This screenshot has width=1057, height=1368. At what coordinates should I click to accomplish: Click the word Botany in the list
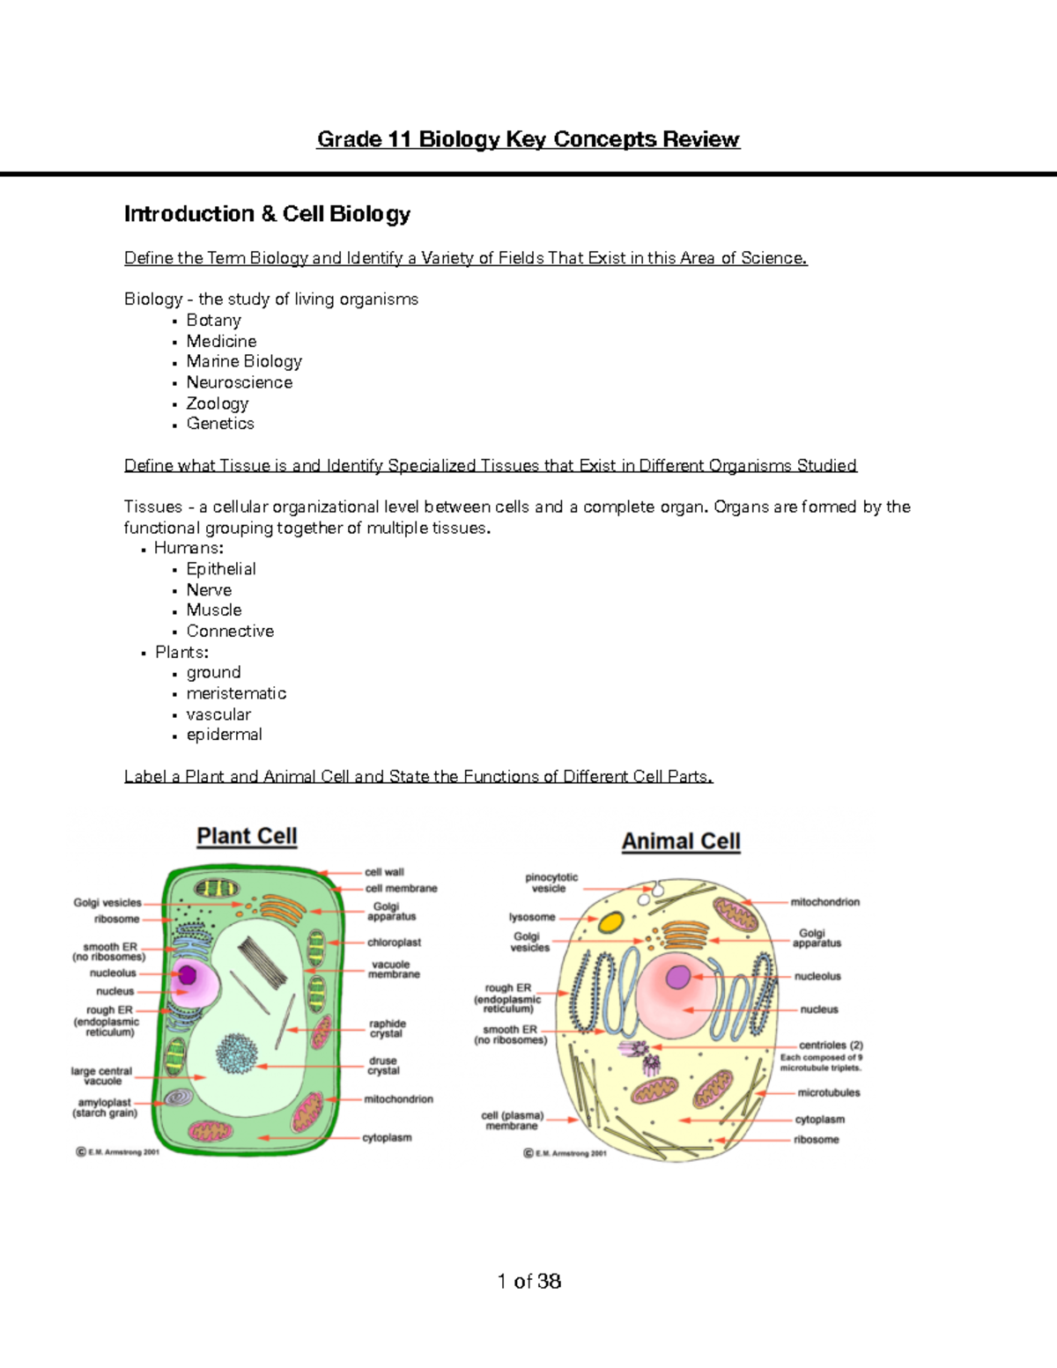(213, 321)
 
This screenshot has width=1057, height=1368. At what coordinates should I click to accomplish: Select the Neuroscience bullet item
(239, 382)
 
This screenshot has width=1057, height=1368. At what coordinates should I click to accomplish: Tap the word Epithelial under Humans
(221, 569)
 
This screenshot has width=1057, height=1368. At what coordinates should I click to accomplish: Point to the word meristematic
(236, 693)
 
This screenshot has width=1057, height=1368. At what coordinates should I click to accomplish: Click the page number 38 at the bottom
(549, 1281)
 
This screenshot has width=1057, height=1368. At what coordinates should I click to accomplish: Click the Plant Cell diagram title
(247, 836)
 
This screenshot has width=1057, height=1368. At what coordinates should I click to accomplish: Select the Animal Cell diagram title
(681, 841)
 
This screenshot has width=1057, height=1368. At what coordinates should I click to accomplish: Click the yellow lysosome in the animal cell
(610, 923)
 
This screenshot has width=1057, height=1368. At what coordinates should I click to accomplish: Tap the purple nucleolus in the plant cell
(187, 974)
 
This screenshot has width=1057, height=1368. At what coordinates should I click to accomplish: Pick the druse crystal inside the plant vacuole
(237, 1054)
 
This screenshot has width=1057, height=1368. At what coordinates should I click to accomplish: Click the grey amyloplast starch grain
(180, 1098)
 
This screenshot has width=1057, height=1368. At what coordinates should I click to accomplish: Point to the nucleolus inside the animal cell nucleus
(678, 977)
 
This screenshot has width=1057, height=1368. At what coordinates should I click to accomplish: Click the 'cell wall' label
(384, 872)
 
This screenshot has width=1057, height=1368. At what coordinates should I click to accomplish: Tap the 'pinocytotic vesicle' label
(551, 883)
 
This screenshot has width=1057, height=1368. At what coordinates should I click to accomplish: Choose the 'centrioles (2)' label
(830, 1045)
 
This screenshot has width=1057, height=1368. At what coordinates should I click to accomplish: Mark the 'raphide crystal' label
(387, 1029)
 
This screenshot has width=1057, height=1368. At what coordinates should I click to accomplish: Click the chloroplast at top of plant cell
(216, 889)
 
